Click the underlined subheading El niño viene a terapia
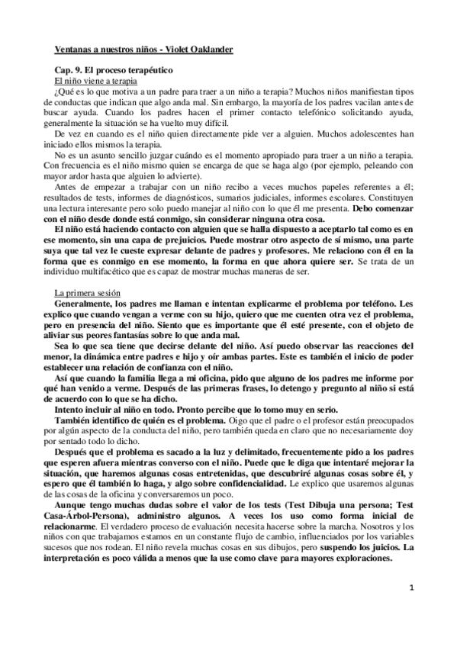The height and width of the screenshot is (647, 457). coord(90,79)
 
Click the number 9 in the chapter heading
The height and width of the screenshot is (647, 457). coord(75,69)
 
